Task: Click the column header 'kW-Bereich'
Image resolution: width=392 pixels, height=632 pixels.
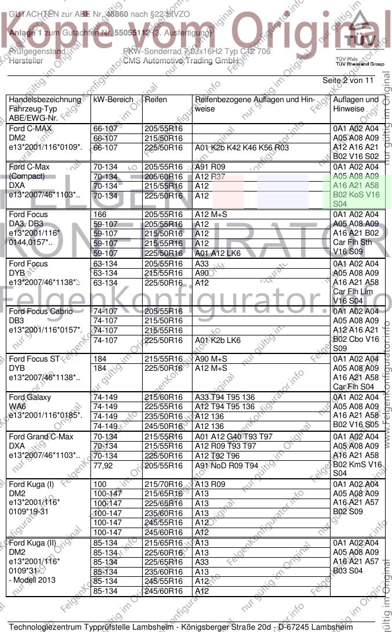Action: tap(112, 100)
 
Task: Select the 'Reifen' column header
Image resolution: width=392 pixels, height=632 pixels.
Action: tap(156, 100)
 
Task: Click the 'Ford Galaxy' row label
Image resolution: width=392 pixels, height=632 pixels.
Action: tap(30, 398)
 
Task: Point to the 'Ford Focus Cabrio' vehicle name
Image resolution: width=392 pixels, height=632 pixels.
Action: tap(41, 312)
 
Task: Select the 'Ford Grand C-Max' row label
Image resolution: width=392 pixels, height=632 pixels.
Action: tap(41, 437)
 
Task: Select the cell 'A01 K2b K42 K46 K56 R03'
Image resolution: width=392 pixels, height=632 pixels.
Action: tap(242, 148)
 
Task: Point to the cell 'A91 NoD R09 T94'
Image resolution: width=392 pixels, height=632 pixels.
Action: tap(227, 465)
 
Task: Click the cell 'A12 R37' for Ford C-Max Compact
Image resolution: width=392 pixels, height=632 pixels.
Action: tap(210, 176)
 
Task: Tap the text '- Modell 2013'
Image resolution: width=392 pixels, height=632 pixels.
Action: tap(32, 581)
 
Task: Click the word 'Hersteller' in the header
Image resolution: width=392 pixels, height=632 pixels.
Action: tap(26, 60)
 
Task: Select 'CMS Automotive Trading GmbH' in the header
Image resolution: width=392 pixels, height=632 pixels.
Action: tap(181, 60)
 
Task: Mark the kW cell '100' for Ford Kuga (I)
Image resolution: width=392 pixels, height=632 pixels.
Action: tap(100, 485)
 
